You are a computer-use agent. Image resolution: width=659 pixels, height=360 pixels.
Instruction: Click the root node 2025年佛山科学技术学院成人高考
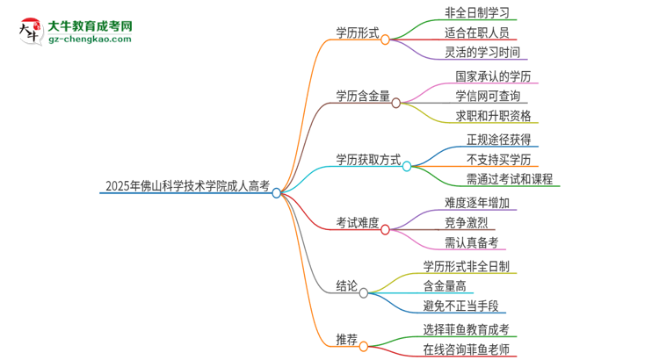(187, 186)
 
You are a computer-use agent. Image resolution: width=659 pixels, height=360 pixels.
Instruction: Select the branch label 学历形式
(358, 32)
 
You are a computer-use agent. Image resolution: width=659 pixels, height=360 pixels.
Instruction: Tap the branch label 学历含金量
(363, 96)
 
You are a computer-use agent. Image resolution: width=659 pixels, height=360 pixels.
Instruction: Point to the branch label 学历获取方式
(368, 160)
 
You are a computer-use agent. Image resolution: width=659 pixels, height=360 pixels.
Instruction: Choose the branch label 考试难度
(358, 223)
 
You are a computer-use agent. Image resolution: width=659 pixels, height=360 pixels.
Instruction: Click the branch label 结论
(346, 286)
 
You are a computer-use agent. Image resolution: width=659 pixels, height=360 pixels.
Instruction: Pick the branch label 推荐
(346, 338)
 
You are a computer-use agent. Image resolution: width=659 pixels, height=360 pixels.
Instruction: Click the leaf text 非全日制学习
(476, 12)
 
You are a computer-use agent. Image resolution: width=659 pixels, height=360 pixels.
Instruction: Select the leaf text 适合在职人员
(476, 32)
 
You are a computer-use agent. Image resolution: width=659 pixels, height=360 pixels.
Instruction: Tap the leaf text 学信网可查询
(488, 96)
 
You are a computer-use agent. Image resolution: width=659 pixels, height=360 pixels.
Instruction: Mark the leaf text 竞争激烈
(467, 223)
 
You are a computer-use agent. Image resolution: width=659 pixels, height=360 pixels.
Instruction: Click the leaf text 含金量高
(448, 286)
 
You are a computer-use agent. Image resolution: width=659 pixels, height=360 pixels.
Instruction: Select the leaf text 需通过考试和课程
(510, 180)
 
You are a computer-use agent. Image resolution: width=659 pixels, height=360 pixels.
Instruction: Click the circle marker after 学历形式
(385, 40)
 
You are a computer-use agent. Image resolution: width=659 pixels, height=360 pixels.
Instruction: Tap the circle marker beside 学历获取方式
(407, 166)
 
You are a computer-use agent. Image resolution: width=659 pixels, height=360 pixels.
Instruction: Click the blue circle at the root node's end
(277, 193)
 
